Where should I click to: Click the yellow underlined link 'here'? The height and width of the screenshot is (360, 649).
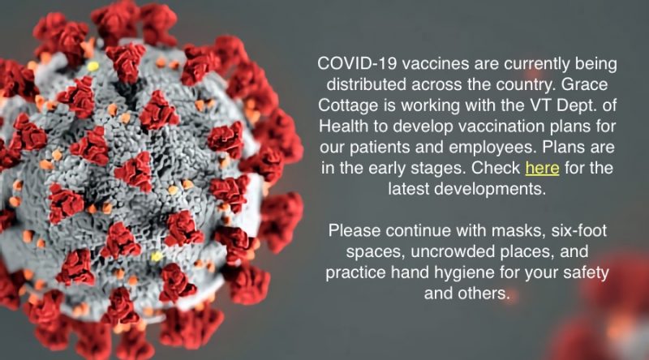pyautogui.click(x=542, y=168)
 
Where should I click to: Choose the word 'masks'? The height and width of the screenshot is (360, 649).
pyautogui.click(x=518, y=231)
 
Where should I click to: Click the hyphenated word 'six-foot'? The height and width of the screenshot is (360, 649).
pyautogui.click(x=579, y=230)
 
